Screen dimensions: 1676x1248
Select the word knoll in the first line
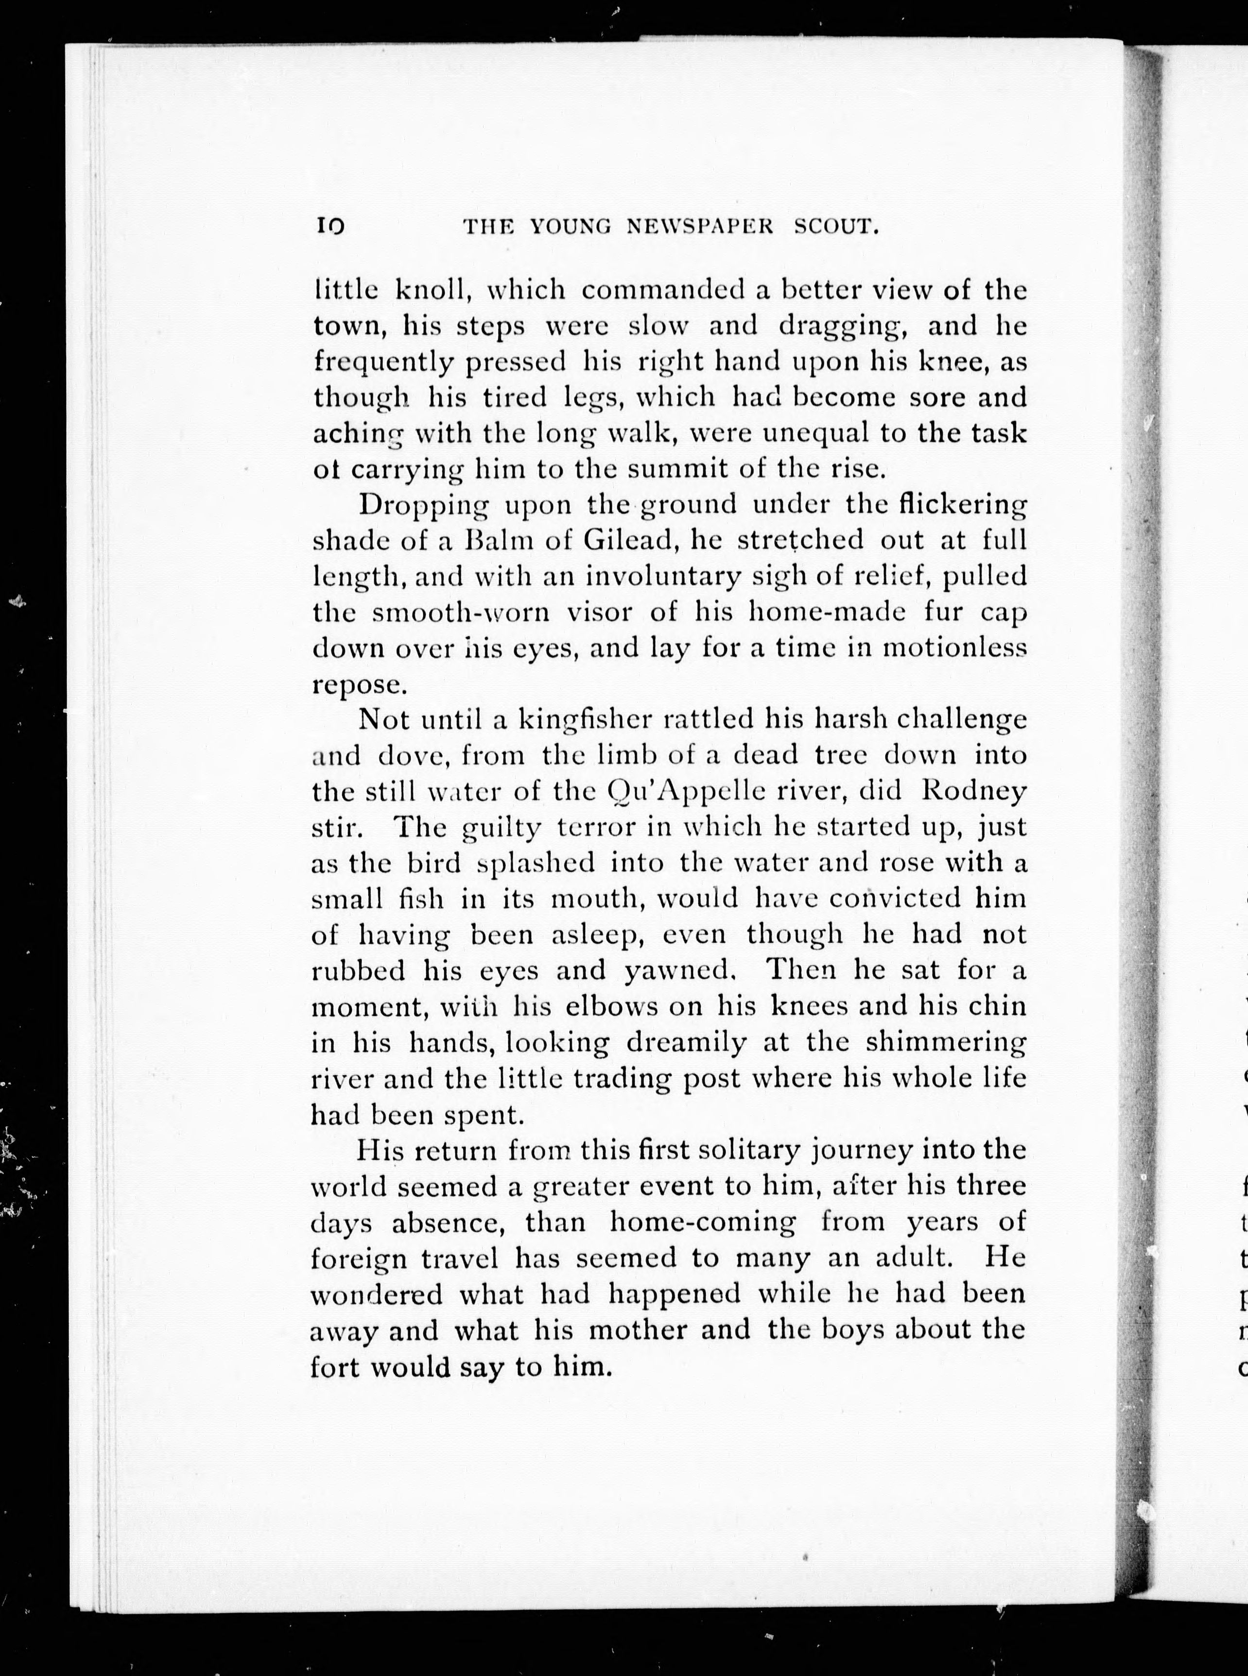(x=442, y=289)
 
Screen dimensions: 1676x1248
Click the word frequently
(x=383, y=363)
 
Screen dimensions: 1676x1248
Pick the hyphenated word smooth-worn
(x=461, y=612)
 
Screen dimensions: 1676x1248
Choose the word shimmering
(x=946, y=1043)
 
